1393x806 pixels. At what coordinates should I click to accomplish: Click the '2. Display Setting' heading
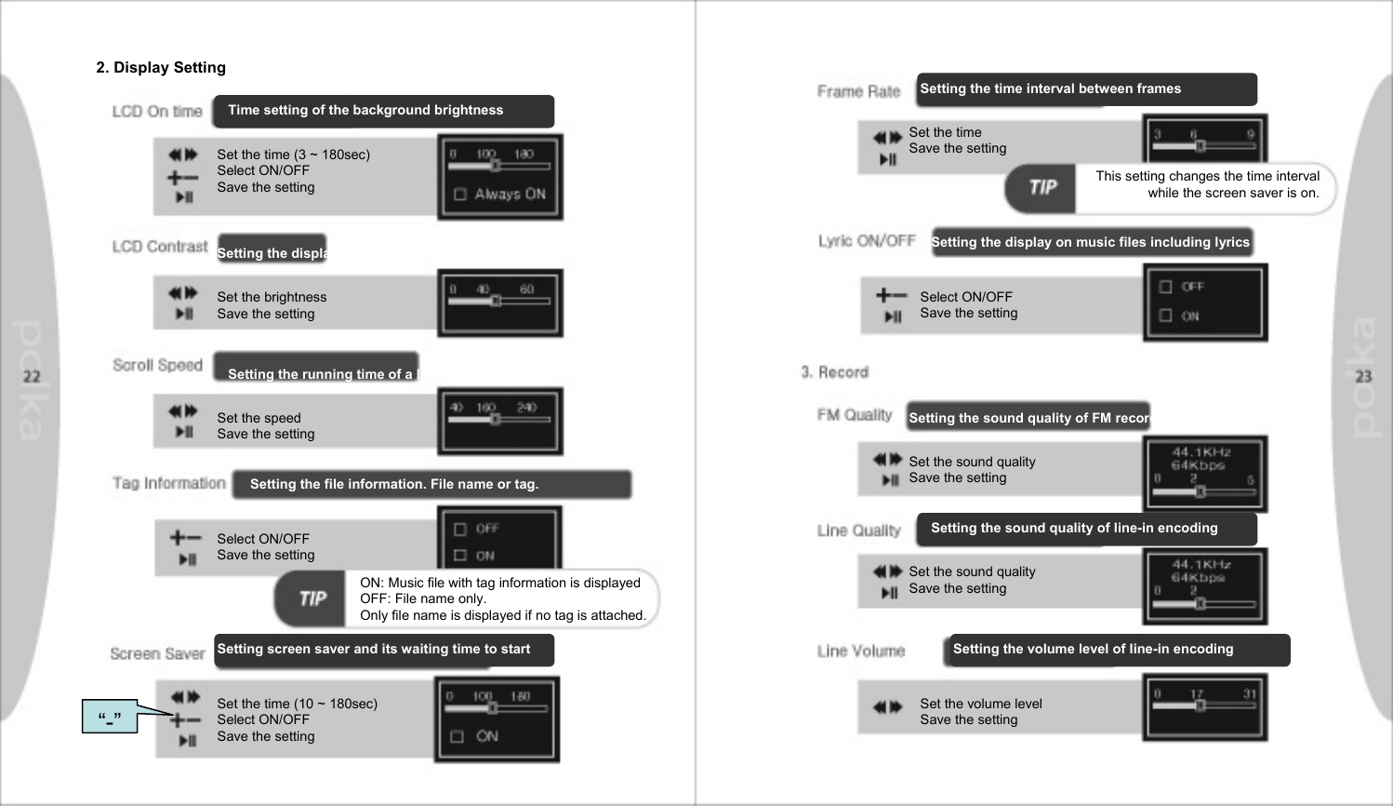pyautogui.click(x=161, y=67)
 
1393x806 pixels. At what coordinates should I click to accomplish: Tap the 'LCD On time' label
pyautogui.click(x=157, y=112)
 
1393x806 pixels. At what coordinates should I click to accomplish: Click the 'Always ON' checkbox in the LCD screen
pyautogui.click(x=460, y=195)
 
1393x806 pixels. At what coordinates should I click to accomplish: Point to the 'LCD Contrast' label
pyautogui.click(x=160, y=247)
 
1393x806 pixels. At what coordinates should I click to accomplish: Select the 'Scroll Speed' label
pyautogui.click(x=157, y=365)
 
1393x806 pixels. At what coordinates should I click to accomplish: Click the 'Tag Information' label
pyautogui.click(x=169, y=483)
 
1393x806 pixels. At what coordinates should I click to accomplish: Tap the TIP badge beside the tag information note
pyautogui.click(x=312, y=598)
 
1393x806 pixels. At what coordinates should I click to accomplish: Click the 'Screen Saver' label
pyautogui.click(x=157, y=653)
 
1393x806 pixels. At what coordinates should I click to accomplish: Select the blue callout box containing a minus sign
pyautogui.click(x=110, y=718)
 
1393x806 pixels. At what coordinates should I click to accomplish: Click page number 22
pyautogui.click(x=32, y=376)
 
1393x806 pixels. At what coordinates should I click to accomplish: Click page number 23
pyautogui.click(x=1363, y=376)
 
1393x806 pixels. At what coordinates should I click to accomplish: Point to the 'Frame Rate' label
pyautogui.click(x=858, y=91)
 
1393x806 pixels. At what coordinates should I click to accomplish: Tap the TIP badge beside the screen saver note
pyautogui.click(x=1042, y=187)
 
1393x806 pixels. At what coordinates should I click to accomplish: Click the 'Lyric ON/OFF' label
pyautogui.click(x=867, y=241)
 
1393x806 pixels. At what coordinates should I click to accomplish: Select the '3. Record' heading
pyautogui.click(x=834, y=372)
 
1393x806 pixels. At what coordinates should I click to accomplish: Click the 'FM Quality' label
pyautogui.click(x=854, y=415)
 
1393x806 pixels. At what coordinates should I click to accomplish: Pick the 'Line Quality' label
pyautogui.click(x=858, y=531)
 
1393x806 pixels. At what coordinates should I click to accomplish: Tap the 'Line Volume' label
pyautogui.click(x=860, y=651)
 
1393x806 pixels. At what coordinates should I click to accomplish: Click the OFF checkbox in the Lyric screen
pyautogui.click(x=1165, y=287)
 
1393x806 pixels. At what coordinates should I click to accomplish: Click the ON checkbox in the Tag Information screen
pyautogui.click(x=460, y=556)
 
